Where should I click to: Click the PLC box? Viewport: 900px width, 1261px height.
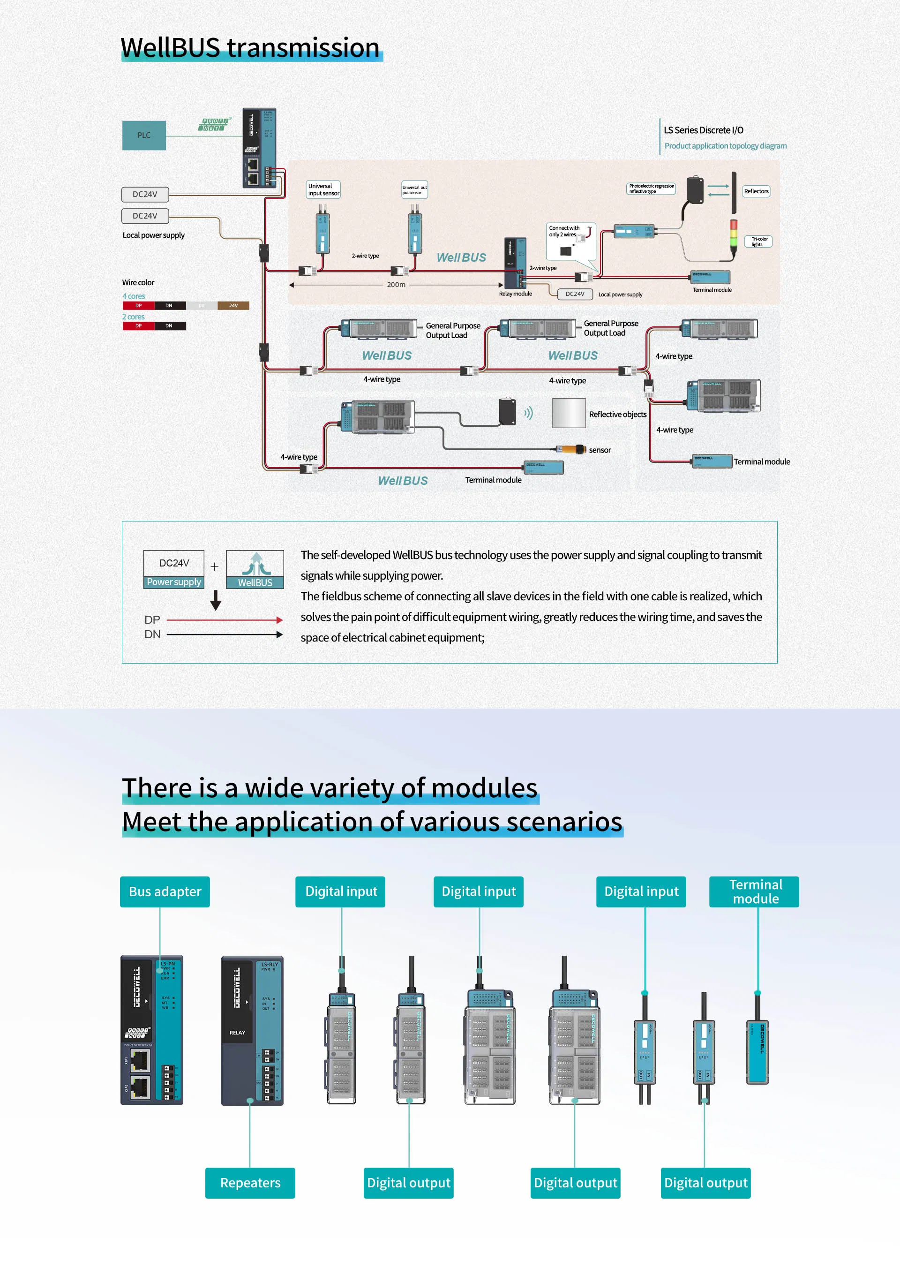(143, 135)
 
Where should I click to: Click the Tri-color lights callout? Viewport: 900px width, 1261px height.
(758, 242)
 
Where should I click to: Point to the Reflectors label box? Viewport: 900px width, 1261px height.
(756, 191)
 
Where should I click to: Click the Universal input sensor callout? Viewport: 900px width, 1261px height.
(323, 189)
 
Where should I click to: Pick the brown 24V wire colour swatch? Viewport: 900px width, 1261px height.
(233, 305)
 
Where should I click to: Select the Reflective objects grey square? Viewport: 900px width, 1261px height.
(569, 413)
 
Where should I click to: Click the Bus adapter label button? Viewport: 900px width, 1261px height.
(165, 891)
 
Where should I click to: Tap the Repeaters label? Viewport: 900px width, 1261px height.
(250, 1183)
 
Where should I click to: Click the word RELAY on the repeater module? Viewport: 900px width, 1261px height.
(237, 1033)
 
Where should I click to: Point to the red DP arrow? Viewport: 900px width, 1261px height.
(225, 620)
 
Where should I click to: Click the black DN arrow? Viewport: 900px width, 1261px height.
(225, 634)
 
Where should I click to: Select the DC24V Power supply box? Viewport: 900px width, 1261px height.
(173, 569)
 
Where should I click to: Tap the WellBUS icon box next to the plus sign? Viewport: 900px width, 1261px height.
(255, 569)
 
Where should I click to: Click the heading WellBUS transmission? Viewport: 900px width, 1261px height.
(250, 48)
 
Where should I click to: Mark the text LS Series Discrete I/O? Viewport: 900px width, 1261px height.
(703, 130)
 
